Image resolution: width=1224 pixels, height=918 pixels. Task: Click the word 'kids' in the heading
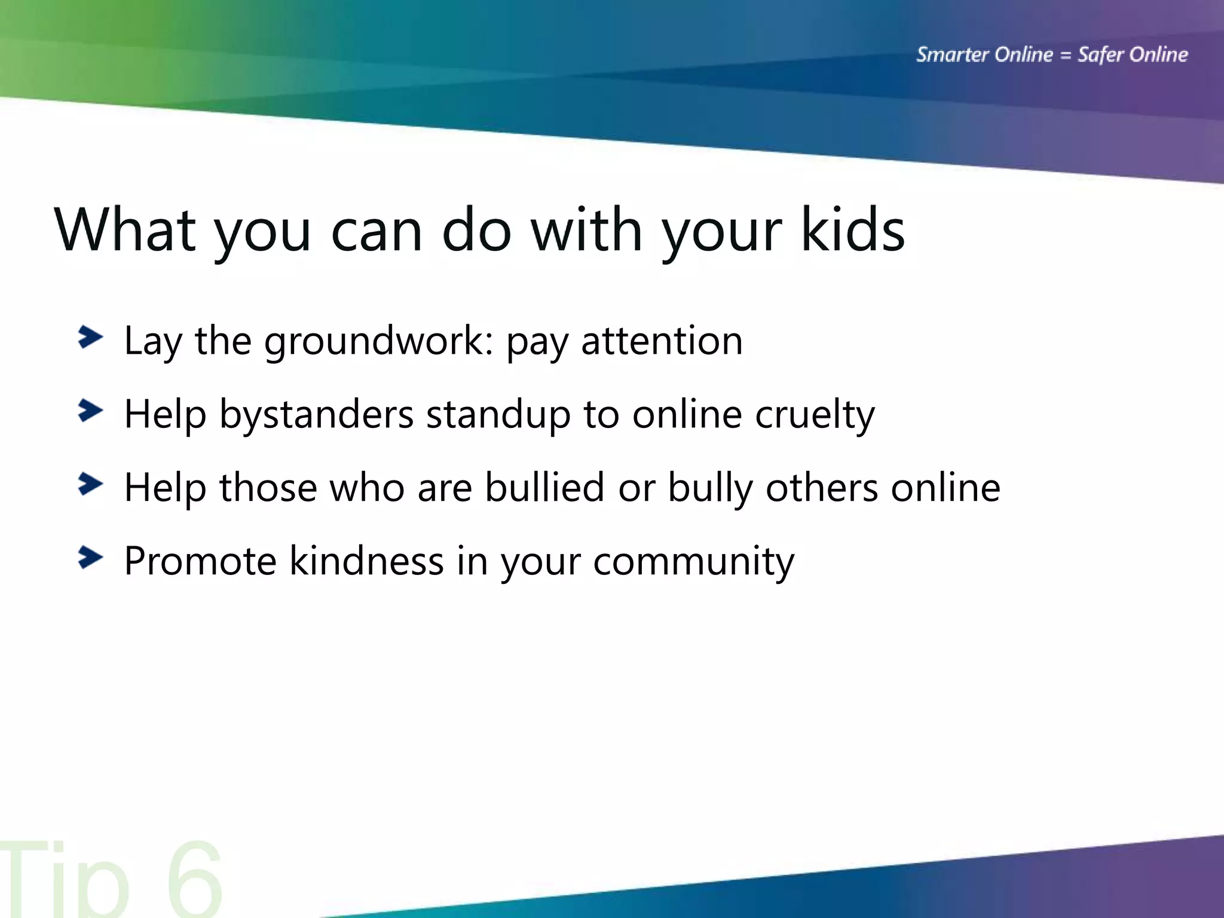click(853, 230)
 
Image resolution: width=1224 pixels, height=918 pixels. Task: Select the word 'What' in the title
click(125, 230)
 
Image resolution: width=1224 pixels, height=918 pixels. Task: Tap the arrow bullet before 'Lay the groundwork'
click(90, 338)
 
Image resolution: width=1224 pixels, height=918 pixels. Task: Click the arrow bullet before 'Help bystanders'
click(90, 411)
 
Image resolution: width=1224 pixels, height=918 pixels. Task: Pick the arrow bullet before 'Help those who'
click(90, 485)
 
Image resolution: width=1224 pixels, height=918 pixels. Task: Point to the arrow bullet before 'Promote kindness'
click(90, 558)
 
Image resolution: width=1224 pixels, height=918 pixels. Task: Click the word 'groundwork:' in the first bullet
click(378, 342)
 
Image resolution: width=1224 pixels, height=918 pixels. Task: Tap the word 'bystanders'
click(316, 414)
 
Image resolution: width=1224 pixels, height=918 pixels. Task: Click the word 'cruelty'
click(815, 414)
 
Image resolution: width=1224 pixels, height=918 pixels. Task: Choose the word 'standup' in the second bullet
click(498, 414)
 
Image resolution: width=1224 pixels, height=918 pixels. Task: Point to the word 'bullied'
click(544, 487)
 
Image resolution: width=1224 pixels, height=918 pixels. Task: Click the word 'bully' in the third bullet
click(710, 488)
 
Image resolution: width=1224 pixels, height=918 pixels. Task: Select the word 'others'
click(822, 487)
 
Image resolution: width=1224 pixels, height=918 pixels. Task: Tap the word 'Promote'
click(200, 561)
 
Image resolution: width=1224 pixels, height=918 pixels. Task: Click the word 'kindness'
click(366, 561)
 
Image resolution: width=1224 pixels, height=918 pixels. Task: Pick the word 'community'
click(693, 562)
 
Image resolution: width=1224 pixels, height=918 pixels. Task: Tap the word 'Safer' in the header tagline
click(1100, 55)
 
